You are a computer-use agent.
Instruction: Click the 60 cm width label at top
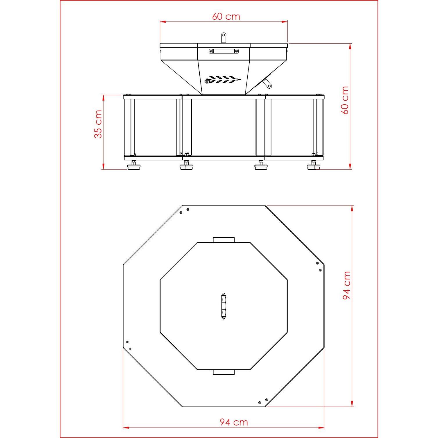tap(226, 16)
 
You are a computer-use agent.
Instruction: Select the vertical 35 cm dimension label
tap(98, 124)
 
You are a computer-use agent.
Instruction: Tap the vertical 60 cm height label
tap(345, 100)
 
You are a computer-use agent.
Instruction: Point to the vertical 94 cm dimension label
tap(346, 285)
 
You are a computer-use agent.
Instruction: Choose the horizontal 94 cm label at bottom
tap(234, 422)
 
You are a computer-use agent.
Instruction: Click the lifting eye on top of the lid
tap(223, 38)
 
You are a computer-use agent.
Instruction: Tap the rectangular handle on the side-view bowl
tap(224, 51)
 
